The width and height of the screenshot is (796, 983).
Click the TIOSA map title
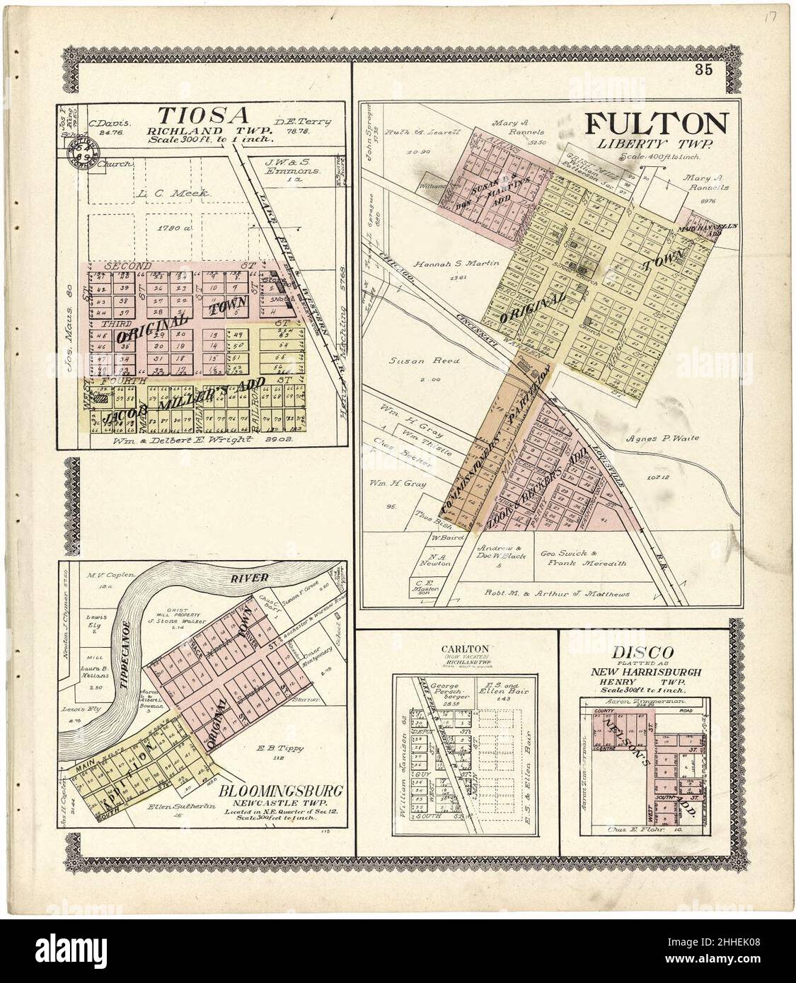click(202, 115)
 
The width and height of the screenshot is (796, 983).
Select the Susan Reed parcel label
click(415, 361)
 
